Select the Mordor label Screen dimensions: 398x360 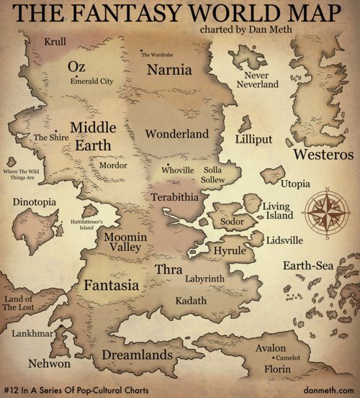[x=112, y=165]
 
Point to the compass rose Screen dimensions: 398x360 [x=326, y=213]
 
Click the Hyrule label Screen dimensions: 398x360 [x=230, y=250]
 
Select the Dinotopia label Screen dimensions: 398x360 [x=35, y=202]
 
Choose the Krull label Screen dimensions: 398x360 [x=55, y=41]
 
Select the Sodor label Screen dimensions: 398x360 [x=232, y=222]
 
